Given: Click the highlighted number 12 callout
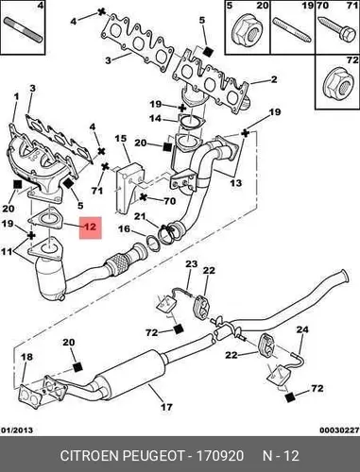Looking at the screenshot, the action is tap(90, 228).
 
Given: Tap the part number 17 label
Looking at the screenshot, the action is tap(166, 407).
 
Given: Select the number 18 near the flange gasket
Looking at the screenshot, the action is tap(27, 357).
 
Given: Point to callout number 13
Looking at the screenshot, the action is tap(236, 183).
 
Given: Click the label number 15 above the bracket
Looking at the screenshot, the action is tap(120, 139).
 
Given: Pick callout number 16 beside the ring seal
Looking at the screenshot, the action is tap(124, 228).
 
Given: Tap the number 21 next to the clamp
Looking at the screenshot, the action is tap(140, 216).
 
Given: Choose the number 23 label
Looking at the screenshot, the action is tap(191, 263).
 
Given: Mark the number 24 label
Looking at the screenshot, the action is tap(302, 329).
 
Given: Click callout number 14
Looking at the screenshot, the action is tap(155, 119).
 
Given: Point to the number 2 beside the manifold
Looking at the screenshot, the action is tap(274, 79).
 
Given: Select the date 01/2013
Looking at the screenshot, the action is tap(17, 430).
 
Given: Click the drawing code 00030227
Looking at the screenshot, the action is tap(339, 430).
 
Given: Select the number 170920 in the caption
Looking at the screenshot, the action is tap(220, 456).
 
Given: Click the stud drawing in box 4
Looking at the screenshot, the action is tap(23, 30).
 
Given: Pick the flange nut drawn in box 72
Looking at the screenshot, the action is tap(337, 84).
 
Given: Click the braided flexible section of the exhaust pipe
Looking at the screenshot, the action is tap(118, 264).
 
